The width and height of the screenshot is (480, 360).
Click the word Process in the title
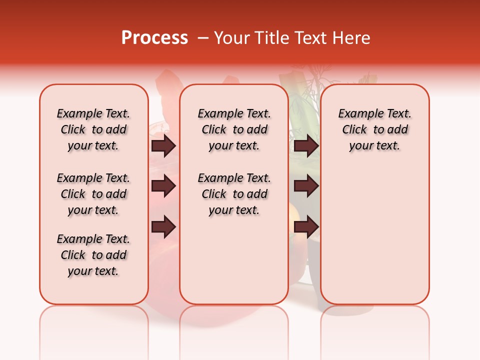coord(154,38)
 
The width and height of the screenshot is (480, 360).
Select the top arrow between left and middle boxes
coord(163,146)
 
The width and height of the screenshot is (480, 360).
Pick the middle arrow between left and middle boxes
coord(163,186)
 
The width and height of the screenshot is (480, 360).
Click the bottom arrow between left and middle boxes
coord(163,226)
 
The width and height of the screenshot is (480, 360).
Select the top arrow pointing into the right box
coord(306,146)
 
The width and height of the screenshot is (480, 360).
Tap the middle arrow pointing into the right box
coord(306,186)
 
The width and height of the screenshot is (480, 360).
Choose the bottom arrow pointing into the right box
coord(306,226)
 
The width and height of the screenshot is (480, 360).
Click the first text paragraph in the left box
coord(93,129)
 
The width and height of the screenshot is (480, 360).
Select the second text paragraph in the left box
coord(93,194)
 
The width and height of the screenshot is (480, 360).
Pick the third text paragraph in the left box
coord(93,255)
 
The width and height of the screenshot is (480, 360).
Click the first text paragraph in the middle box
coord(234,129)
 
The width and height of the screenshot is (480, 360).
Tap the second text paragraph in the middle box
coord(234,194)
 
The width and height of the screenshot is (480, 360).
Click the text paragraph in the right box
coord(374,129)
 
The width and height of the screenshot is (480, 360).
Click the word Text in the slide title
coord(309,38)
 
